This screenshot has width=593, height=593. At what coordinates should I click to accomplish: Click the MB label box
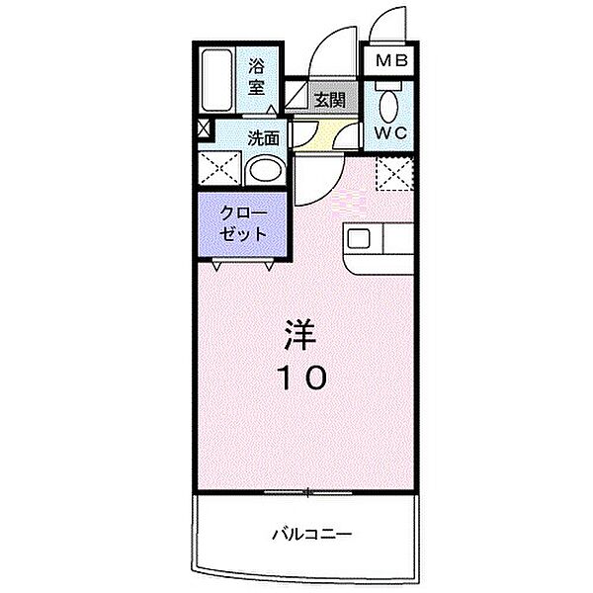pos(392,61)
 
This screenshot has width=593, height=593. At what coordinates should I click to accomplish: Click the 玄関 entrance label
pos(328,98)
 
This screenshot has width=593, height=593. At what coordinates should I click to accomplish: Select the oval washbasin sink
pos(264,171)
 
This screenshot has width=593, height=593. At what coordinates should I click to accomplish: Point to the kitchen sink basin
pos(357,238)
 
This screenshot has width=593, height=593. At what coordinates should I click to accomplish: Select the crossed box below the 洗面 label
pos(220,170)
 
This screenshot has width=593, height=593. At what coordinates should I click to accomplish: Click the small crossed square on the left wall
pos(205,128)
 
